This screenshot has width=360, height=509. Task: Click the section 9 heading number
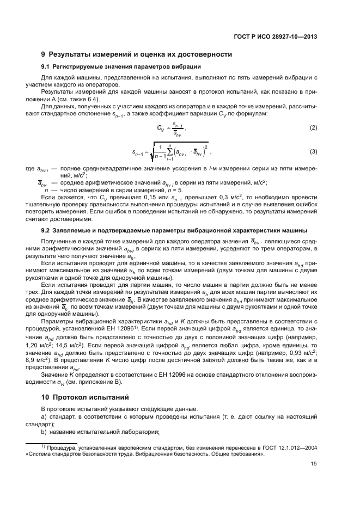click(x=43, y=54)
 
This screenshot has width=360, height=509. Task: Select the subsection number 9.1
click(x=46, y=66)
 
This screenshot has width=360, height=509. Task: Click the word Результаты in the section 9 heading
click(x=70, y=54)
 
